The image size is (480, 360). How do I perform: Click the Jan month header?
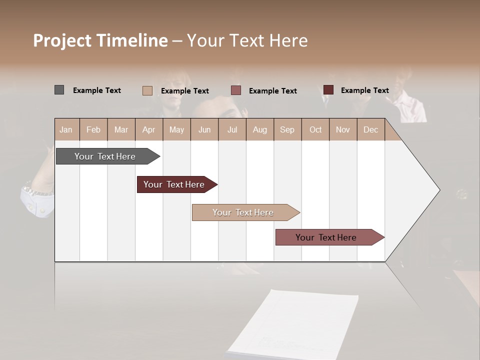click(66, 129)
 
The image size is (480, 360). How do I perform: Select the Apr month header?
click(148, 129)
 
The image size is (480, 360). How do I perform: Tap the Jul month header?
click(232, 129)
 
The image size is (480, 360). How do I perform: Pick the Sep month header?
click(287, 129)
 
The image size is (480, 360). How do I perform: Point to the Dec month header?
click(370, 129)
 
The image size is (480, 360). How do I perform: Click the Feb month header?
click(93, 129)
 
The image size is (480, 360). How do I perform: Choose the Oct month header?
click(315, 129)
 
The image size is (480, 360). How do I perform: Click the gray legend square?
click(59, 90)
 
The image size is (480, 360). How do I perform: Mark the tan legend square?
click(147, 90)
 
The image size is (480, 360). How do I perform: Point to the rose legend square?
click(236, 90)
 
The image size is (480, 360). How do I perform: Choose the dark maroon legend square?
click(328, 90)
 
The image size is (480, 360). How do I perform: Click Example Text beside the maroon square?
click(364, 90)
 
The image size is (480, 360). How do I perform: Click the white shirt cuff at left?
click(37, 200)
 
